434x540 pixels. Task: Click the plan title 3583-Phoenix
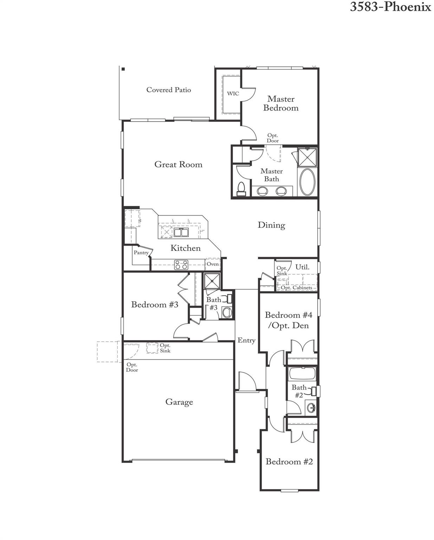click(390, 7)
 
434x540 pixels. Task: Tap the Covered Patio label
click(169, 90)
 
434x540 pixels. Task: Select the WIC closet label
click(233, 94)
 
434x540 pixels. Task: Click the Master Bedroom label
click(281, 104)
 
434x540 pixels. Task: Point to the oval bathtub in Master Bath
click(307, 182)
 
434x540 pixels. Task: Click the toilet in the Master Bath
click(241, 188)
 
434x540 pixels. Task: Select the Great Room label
click(178, 165)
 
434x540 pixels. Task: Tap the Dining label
click(271, 225)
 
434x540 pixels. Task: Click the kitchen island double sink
click(181, 232)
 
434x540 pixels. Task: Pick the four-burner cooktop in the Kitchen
click(181, 265)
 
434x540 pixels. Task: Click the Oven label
click(213, 264)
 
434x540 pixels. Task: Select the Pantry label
click(141, 252)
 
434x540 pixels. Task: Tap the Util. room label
click(302, 267)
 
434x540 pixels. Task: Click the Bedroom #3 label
click(155, 304)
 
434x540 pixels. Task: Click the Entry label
click(246, 340)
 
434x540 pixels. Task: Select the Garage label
click(179, 402)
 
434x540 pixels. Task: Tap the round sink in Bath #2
click(311, 408)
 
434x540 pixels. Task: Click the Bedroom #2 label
click(289, 462)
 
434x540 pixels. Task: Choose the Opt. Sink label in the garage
click(165, 348)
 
